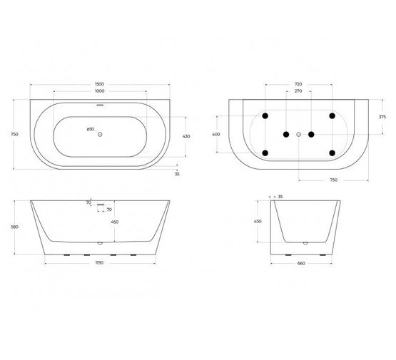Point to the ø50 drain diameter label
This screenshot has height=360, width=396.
(90, 129)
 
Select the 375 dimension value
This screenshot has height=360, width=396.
(382, 117)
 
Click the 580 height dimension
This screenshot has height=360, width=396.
(15, 227)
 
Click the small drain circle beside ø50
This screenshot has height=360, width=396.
(101, 134)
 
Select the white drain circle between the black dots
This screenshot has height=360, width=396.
(299, 134)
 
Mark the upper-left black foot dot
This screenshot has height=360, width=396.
(265, 115)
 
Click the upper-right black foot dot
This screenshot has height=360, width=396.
(332, 115)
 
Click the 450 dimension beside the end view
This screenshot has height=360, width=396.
(259, 222)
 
